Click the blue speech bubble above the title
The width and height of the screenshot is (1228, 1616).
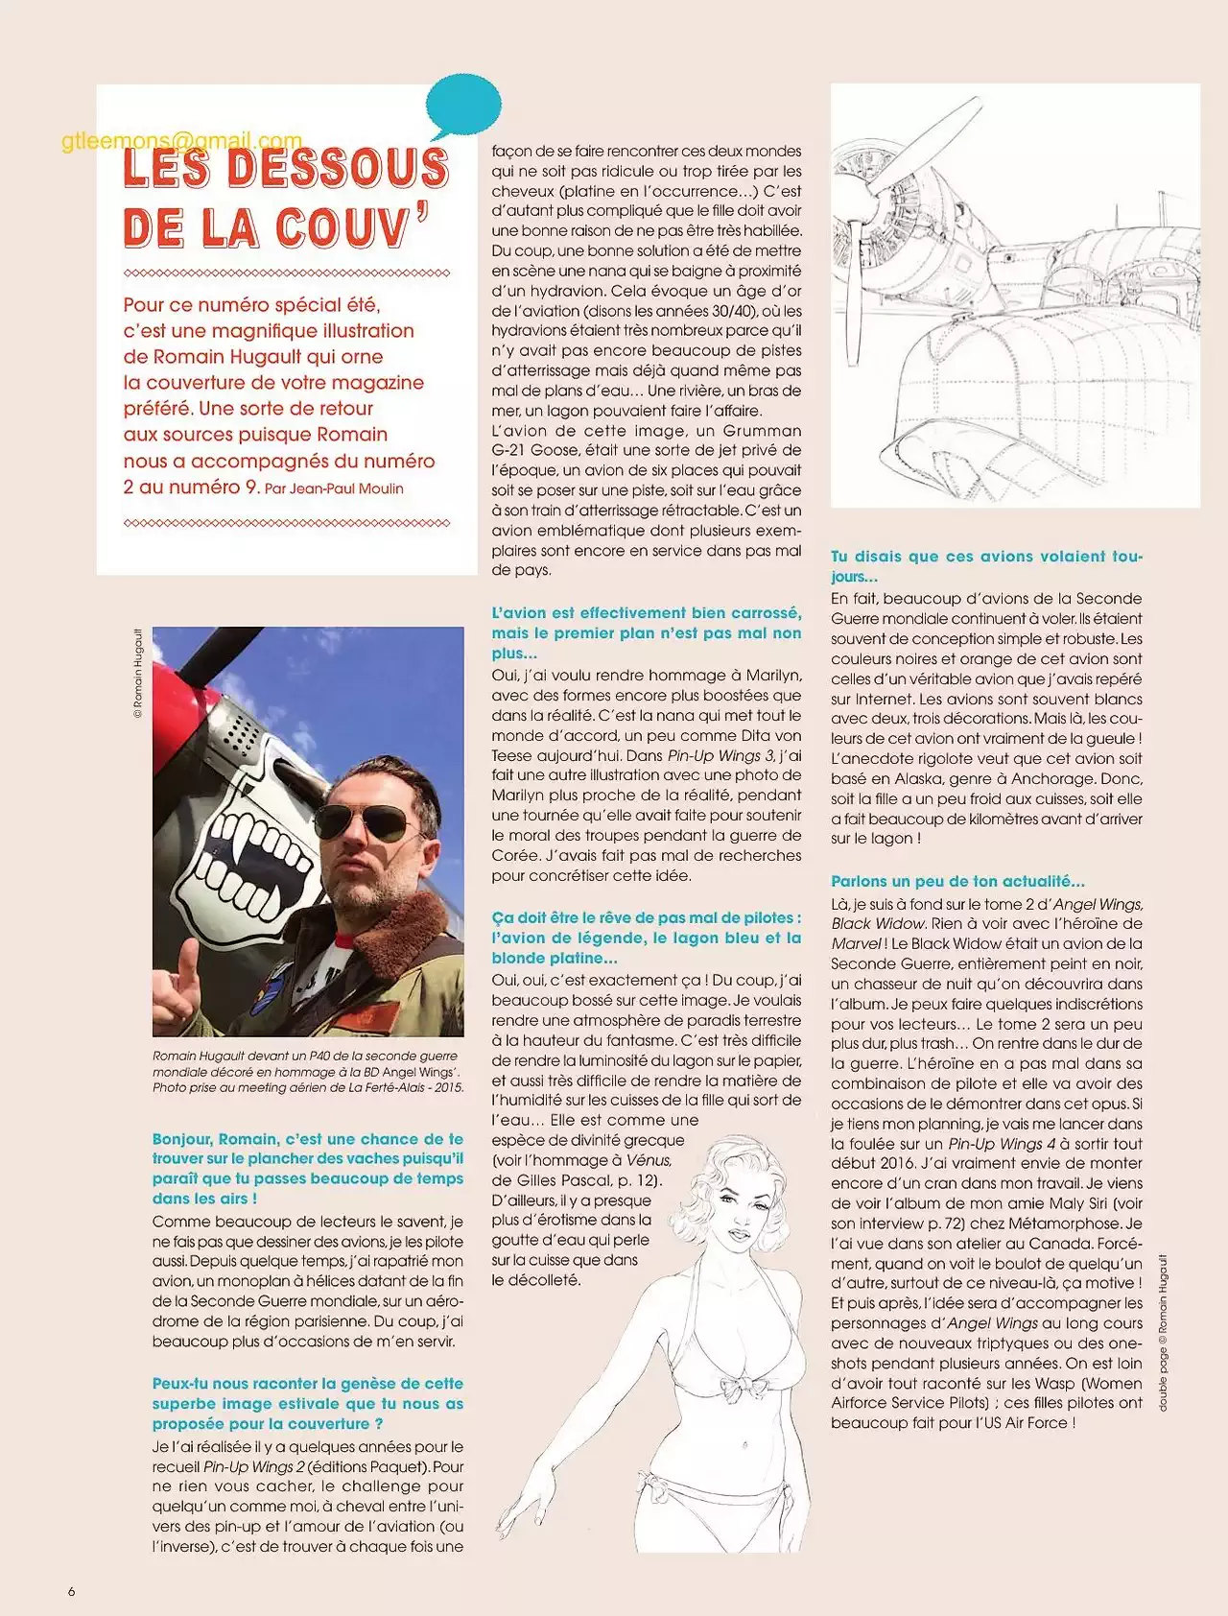pos(463,105)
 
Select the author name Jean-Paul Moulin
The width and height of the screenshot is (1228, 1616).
pos(346,488)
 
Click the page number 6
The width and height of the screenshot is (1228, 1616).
pos(71,1591)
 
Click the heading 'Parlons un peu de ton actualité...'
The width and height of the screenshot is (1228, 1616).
pos(957,881)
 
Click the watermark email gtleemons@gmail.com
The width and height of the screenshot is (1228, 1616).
pos(181,141)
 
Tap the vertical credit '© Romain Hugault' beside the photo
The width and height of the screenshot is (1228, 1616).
pos(138,674)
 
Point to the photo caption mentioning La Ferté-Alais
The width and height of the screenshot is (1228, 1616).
pos(307,1072)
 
